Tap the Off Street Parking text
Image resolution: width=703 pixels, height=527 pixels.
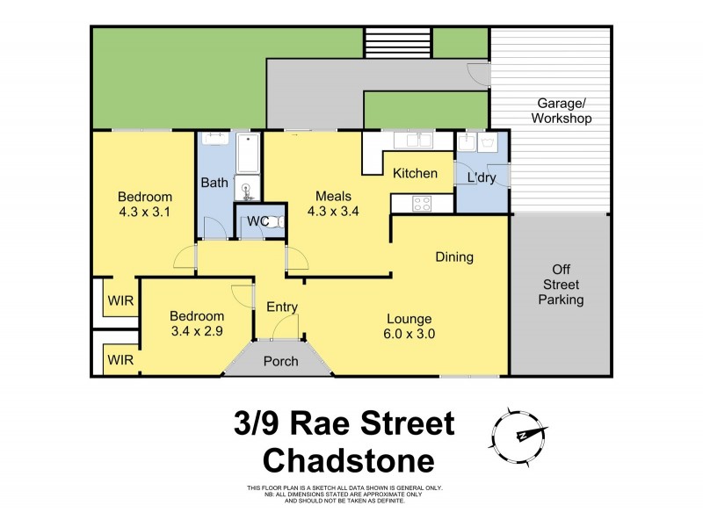[x=562, y=285]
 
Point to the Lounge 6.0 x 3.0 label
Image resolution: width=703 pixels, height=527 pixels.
[x=408, y=326]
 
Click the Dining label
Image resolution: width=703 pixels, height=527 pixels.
[x=454, y=257]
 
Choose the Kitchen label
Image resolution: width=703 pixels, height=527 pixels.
[x=415, y=173]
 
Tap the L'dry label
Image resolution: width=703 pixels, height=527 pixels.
[x=482, y=177]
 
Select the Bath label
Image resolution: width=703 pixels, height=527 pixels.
[x=214, y=183]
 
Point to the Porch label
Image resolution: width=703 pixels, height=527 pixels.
[x=281, y=361]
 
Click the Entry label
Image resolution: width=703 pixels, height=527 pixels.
[x=282, y=307]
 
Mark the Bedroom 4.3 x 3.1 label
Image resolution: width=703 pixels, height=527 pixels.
[x=145, y=204]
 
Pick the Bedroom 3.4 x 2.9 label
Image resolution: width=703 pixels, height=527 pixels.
[x=197, y=323]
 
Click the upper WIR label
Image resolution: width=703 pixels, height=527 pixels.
[x=120, y=300]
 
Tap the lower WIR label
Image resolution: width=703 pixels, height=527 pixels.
[x=120, y=358]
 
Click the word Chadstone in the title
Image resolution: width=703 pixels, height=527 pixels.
[x=351, y=459]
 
